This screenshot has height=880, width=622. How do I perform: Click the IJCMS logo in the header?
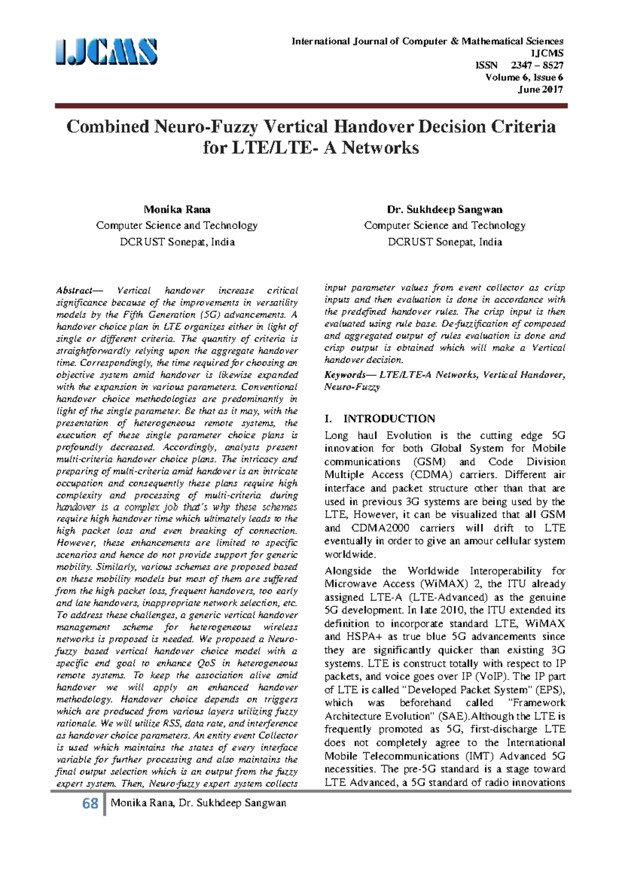[106, 52]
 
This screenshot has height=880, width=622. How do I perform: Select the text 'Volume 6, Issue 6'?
[524, 77]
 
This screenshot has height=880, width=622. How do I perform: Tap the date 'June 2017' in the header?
[541, 89]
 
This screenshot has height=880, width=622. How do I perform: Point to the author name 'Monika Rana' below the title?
[177, 209]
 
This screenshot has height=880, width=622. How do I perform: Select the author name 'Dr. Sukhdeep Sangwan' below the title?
[444, 209]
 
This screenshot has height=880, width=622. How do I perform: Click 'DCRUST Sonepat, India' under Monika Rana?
[177, 242]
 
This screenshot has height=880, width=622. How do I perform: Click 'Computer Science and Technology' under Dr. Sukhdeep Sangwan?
[444, 225]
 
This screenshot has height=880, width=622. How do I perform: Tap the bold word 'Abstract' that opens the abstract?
[74, 291]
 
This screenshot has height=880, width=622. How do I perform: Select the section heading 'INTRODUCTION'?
[389, 419]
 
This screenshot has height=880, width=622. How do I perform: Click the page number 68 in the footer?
[90, 804]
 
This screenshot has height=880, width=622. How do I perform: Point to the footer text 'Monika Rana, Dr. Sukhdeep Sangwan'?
[198, 803]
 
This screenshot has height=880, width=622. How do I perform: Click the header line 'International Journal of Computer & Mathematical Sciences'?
[427, 41]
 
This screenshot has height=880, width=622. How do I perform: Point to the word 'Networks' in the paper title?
[380, 148]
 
